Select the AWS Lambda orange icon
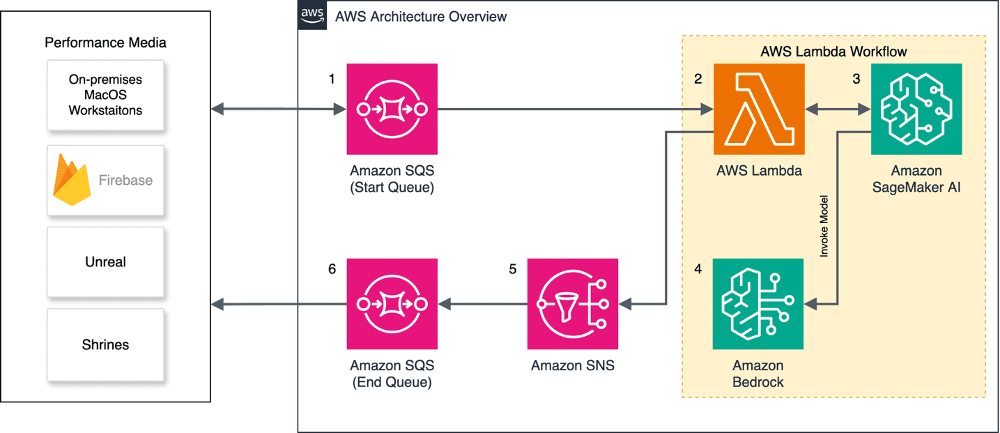[758, 109]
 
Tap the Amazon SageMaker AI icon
[916, 109]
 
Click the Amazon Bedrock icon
[757, 304]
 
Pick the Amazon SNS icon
[573, 304]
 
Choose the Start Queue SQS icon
[392, 109]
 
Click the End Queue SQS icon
[392, 304]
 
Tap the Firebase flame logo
[72, 180]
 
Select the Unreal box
[105, 262]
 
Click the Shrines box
[105, 344]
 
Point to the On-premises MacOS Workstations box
[105, 96]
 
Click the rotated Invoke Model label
[824, 227]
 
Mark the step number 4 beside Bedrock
[698, 268]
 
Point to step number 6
[332, 268]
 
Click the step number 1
[332, 79]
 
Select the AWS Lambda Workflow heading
[833, 52]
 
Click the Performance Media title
[105, 43]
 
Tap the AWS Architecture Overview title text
[421, 16]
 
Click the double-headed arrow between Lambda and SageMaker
[838, 109]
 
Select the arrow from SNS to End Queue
[482, 304]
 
